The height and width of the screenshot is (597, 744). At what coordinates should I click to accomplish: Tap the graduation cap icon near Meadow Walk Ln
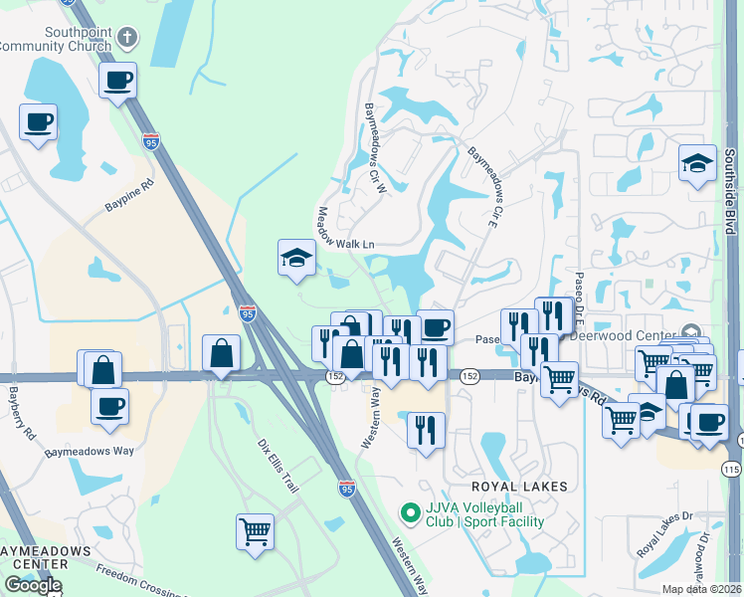[296, 259]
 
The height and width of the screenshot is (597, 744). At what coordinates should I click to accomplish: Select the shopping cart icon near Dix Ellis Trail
[255, 531]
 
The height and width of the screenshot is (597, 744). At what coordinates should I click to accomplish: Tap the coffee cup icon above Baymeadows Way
[109, 406]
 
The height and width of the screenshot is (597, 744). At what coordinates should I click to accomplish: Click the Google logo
[33, 585]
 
